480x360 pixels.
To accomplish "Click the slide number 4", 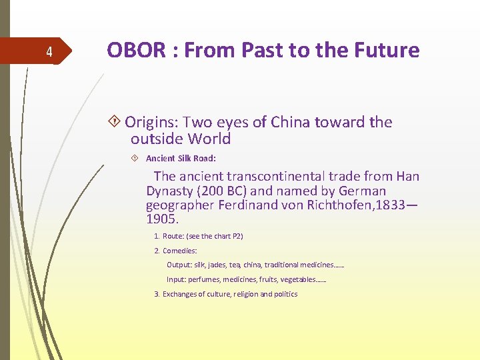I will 49,52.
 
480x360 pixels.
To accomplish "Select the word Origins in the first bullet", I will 151,122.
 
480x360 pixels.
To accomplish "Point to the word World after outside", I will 208,139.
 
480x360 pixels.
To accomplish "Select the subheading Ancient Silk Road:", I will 181,159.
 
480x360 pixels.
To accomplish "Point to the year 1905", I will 163,219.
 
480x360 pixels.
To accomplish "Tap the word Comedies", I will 179,251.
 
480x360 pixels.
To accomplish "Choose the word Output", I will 178,265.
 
